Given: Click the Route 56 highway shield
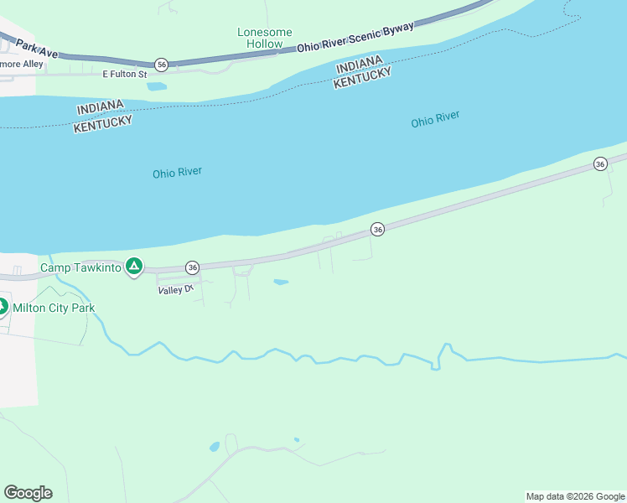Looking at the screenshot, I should (162, 65).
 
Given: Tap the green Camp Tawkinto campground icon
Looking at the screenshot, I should (133, 267).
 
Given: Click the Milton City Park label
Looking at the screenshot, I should (54, 308).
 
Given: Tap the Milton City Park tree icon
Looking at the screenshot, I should (3, 307).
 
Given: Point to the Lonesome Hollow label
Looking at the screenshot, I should (265, 38).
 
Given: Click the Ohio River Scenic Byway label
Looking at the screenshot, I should (355, 39).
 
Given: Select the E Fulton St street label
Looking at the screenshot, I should (124, 75).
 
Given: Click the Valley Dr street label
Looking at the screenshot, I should (175, 289).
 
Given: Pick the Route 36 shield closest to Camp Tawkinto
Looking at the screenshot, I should (193, 267).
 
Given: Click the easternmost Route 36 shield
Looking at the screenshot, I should (599, 164).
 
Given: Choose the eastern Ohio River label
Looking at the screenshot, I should (435, 120).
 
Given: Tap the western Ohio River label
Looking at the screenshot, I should (177, 173).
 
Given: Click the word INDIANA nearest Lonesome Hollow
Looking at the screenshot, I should (359, 65).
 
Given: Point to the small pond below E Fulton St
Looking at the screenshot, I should (157, 86).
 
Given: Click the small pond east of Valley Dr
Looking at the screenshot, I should (281, 282).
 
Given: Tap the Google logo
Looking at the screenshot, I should (28, 493).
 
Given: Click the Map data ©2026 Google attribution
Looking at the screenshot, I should (575, 496).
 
